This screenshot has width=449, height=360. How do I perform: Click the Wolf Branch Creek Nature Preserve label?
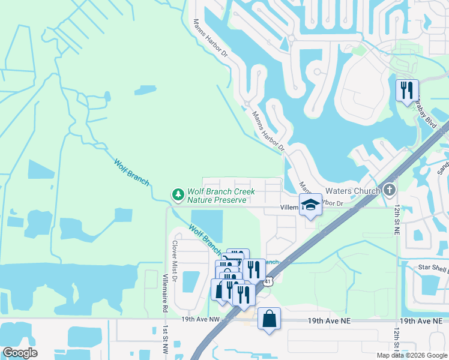click(221, 196)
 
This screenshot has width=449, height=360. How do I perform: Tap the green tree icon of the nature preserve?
click(178, 194)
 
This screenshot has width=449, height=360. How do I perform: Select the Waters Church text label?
click(352, 191)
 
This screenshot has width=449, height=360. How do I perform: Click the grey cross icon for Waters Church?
click(390, 191)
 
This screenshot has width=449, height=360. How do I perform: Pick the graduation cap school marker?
click(310, 204)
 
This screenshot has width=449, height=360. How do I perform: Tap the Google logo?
click(20, 353)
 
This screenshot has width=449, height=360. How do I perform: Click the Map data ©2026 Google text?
click(411, 355)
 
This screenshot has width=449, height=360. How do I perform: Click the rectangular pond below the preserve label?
click(206, 226)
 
